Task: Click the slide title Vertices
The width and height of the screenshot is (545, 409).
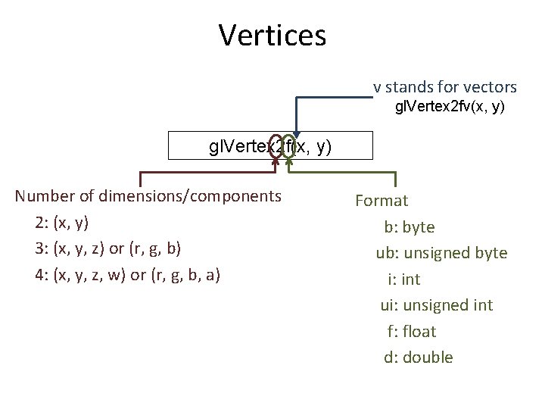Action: [x=272, y=35]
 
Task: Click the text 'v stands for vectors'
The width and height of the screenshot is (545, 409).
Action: [x=444, y=87]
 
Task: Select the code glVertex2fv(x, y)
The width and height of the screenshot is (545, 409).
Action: [x=450, y=108]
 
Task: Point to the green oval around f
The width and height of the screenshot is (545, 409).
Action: [x=288, y=147]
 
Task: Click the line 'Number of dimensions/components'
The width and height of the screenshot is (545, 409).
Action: [x=148, y=197]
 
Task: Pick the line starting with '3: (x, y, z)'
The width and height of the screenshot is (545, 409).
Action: [x=107, y=248]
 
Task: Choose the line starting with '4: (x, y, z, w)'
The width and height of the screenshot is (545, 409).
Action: [x=127, y=274]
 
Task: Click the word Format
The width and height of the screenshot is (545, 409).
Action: [x=381, y=201]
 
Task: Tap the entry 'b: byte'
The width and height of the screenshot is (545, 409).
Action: [x=409, y=226]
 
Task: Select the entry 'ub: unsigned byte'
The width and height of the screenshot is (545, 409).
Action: [x=441, y=253]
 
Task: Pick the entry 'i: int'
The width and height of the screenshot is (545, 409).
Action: [x=403, y=279]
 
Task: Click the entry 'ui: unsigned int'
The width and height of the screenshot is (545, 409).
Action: [x=436, y=305]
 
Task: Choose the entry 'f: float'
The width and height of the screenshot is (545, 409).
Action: [x=411, y=331]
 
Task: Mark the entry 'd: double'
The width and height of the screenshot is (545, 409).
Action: [x=418, y=357]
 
